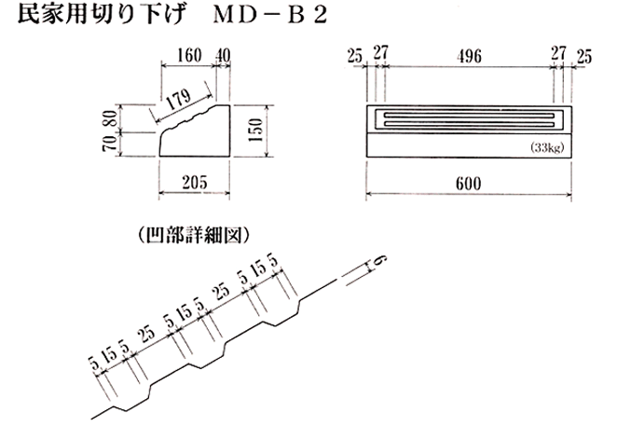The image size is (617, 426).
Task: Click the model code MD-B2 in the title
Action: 269,15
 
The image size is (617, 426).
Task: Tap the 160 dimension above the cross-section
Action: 189,56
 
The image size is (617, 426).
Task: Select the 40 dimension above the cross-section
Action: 223,56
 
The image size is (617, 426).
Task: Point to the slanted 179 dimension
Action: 179,100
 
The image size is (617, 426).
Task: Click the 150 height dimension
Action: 255,131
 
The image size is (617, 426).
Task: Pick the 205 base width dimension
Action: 195,183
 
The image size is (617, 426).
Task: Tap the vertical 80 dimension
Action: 111,118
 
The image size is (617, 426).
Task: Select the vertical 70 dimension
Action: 111,143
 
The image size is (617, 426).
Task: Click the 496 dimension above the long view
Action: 469,56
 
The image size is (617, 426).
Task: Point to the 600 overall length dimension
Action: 468,184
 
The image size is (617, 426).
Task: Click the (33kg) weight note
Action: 547,148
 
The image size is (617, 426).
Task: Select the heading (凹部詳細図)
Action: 195,236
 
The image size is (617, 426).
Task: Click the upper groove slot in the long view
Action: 469,115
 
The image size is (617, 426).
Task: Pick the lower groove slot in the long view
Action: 469,124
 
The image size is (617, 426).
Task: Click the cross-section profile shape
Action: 195,131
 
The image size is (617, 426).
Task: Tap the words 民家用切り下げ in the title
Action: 102,16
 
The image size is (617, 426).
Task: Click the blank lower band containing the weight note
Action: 469,145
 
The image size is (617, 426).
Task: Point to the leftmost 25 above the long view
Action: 354,56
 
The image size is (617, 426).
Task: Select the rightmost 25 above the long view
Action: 584,57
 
